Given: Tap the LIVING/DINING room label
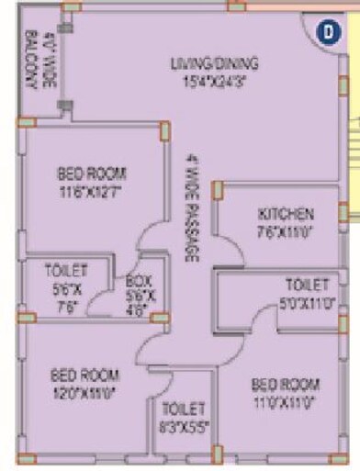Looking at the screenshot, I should [x=215, y=63].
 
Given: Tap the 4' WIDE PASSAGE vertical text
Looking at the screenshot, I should [x=191, y=207].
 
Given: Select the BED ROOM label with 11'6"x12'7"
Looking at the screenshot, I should [x=91, y=174].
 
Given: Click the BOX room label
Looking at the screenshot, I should [x=140, y=280].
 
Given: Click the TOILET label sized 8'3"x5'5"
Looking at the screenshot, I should [x=184, y=408].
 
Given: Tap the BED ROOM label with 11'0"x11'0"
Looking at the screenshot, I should [x=287, y=383].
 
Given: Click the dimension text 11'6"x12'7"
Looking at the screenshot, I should [x=91, y=191].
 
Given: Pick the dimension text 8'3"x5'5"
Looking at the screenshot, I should [x=184, y=425].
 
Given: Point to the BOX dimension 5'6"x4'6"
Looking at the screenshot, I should [x=140, y=302].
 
